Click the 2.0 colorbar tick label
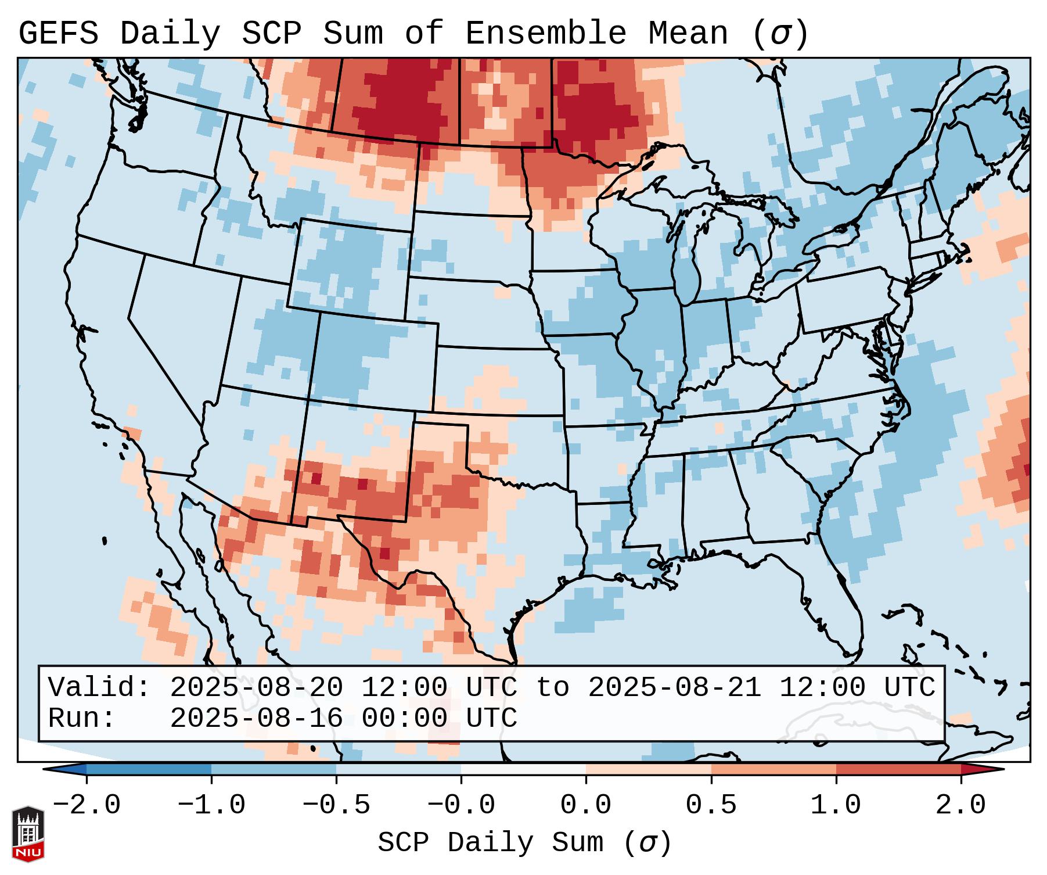tap(960, 805)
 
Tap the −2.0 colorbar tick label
tap(87, 805)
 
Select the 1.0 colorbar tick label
tap(836, 805)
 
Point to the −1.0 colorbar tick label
tap(211, 805)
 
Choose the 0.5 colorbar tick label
tap(711, 805)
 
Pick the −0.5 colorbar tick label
tap(336, 805)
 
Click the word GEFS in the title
tap(58, 34)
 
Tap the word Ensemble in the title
tap(545, 34)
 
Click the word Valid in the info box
tap(99, 687)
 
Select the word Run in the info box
tap(81, 718)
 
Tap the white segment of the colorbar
tap(523, 769)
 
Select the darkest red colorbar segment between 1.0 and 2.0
tap(898, 769)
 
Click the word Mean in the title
tap(688, 34)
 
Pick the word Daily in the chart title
tap(170, 34)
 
